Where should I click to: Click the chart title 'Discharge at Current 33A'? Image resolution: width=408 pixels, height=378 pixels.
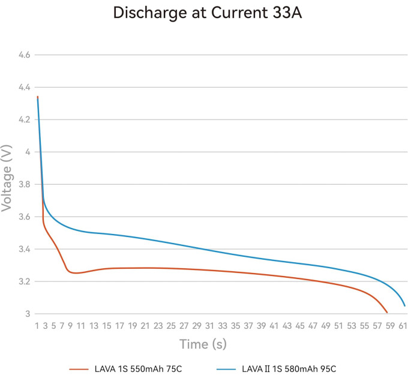tap(208, 13)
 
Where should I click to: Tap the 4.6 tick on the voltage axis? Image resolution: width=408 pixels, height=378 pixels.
tap(25, 55)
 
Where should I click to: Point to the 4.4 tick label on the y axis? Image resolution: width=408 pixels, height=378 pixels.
tap(25, 87)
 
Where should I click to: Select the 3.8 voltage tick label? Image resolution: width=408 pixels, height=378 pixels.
tap(25, 184)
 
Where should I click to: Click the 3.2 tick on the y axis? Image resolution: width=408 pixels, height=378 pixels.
tap(25, 281)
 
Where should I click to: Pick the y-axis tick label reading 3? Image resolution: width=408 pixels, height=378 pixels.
tap(28, 314)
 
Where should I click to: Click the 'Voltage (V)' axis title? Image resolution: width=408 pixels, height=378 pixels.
tap(7, 178)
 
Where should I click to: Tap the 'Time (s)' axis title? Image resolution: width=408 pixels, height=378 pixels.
tap(203, 344)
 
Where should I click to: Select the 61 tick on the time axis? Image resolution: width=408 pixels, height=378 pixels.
tap(403, 326)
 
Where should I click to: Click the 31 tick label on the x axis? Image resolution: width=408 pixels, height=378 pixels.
tap(209, 326)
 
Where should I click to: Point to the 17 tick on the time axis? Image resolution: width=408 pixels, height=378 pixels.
tap(119, 326)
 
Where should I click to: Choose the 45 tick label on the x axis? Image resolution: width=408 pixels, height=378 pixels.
tap(300, 326)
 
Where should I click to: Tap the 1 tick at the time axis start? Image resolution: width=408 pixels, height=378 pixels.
tap(37, 326)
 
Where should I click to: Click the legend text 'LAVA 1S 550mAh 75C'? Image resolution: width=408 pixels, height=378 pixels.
tap(138, 369)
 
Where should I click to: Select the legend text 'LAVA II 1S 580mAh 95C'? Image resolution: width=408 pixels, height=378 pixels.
tap(289, 369)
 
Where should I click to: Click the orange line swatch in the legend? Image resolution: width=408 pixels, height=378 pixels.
tap(79, 369)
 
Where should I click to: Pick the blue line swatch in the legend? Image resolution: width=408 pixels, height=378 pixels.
tap(226, 369)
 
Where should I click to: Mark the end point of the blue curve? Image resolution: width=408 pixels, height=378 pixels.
tap(405, 306)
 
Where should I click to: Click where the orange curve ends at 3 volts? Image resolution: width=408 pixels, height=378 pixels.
tap(387, 313)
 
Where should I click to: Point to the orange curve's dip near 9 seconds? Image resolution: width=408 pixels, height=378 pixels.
tap(74, 273)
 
